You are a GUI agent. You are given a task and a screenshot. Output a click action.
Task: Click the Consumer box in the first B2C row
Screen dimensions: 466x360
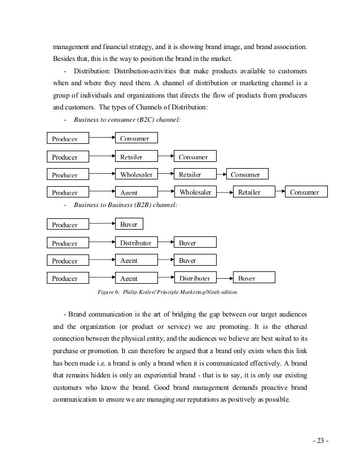tap(137, 138)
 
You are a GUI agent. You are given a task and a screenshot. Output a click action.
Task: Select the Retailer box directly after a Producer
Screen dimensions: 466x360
tap(137, 156)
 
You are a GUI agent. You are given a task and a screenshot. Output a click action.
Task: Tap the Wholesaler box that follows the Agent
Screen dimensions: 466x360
tap(195, 192)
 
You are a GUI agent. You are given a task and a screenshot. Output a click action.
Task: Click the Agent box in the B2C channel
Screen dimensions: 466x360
tap(137, 192)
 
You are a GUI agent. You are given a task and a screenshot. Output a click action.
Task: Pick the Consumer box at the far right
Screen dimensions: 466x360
tap(305, 192)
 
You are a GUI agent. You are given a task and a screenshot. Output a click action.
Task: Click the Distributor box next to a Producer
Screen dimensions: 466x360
tap(137, 243)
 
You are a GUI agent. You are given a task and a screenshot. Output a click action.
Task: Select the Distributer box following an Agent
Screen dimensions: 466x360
tap(195, 278)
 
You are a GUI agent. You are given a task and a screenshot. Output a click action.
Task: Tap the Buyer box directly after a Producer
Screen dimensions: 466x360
tap(129, 225)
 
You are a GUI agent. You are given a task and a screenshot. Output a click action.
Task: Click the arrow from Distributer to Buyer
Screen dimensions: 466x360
tap(224, 277)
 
